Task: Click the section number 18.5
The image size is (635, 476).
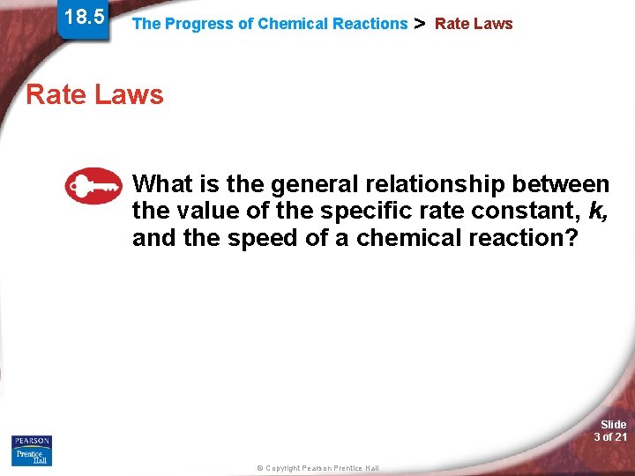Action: pos(85,17)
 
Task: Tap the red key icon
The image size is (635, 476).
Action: pos(93,186)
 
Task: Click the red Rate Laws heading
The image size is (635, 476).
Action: pos(94,94)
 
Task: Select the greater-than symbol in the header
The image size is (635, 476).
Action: pos(420,23)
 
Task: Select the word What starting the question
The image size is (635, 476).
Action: pos(161,184)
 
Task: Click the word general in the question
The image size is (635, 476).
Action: pos(311,184)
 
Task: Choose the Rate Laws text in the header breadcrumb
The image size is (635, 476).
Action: pos(474,24)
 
